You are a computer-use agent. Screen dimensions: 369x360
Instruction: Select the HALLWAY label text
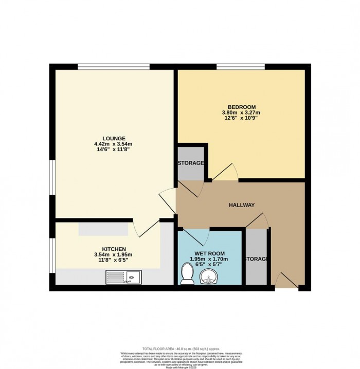[x=242, y=205]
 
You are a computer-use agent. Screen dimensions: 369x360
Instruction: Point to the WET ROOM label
[x=208, y=253]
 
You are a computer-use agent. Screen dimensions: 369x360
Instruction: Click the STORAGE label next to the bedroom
[x=191, y=163]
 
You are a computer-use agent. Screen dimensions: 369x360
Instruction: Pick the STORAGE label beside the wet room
[x=257, y=259]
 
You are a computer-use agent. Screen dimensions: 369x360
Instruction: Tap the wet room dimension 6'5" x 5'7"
[x=208, y=265]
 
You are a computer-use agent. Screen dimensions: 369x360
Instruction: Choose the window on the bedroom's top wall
[x=241, y=66]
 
